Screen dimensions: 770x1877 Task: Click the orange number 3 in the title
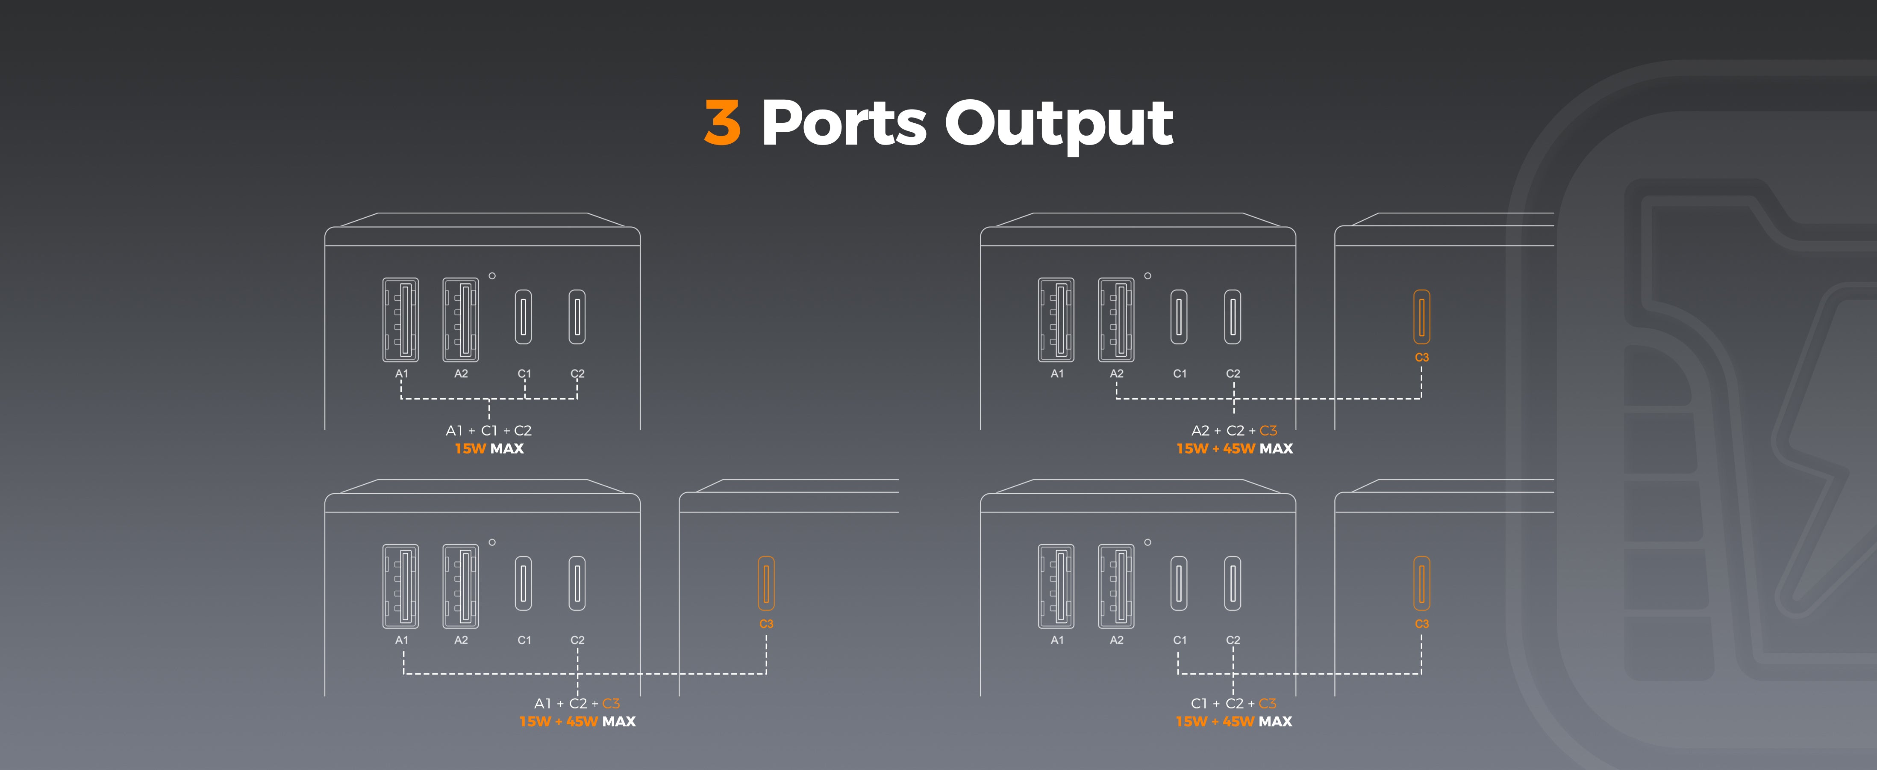tap(722, 122)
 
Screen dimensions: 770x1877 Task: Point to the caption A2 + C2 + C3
tap(1234, 430)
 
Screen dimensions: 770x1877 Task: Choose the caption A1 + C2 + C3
tap(577, 703)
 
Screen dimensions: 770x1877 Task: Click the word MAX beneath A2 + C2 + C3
tap(1276, 448)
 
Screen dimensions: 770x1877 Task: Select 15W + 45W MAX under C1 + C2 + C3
tap(1234, 721)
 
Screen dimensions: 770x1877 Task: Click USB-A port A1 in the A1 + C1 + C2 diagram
tap(401, 320)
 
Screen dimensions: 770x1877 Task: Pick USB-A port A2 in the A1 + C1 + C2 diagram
tap(461, 320)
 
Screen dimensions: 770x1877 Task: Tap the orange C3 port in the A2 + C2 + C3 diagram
tap(1421, 317)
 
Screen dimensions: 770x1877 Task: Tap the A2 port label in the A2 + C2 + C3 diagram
tap(1116, 373)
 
